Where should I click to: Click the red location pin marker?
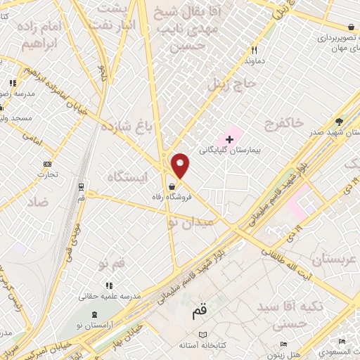(181, 165)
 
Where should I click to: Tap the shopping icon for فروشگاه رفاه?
(172, 187)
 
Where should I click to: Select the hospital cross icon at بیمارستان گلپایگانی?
(229, 139)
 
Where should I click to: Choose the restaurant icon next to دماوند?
(255, 50)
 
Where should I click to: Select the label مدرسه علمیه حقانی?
(110, 295)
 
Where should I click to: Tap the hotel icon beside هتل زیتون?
(284, 344)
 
